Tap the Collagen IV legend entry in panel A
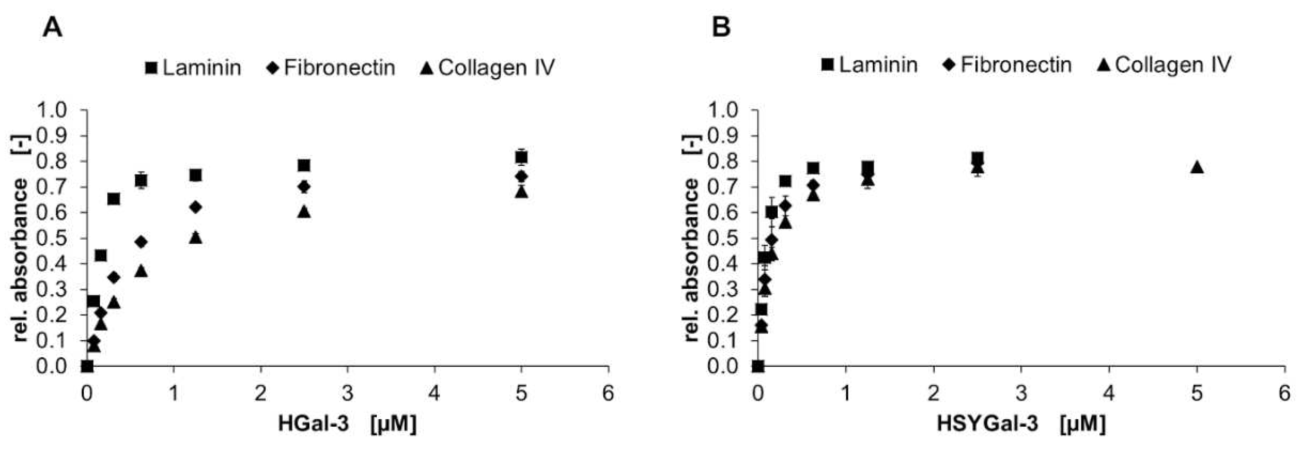click(487, 68)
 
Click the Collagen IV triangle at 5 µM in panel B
click(1197, 168)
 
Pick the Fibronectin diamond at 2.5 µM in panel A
click(304, 187)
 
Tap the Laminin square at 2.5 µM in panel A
click(304, 166)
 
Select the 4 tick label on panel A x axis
click(434, 394)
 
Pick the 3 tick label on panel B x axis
click(1021, 394)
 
